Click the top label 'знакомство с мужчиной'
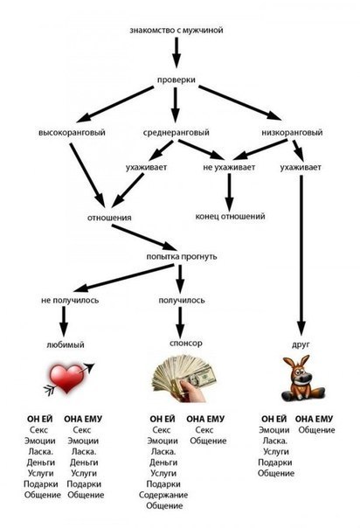(177, 31)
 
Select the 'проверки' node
(176, 80)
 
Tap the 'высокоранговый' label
(72, 133)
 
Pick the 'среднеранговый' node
(176, 133)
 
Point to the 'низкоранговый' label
(292, 133)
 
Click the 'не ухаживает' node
(229, 167)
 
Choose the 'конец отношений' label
(230, 216)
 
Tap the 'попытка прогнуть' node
(182, 257)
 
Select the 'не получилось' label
(70, 300)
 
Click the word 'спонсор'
(186, 344)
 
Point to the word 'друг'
(301, 344)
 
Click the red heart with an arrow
(69, 379)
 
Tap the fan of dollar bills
(184, 379)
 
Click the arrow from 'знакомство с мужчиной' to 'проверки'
(177, 52)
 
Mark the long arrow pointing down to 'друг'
(301, 255)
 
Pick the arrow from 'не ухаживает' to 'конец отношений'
(230, 192)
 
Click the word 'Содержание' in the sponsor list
(163, 495)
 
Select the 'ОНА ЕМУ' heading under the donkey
(314, 419)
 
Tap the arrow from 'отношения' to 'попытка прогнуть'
(145, 238)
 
